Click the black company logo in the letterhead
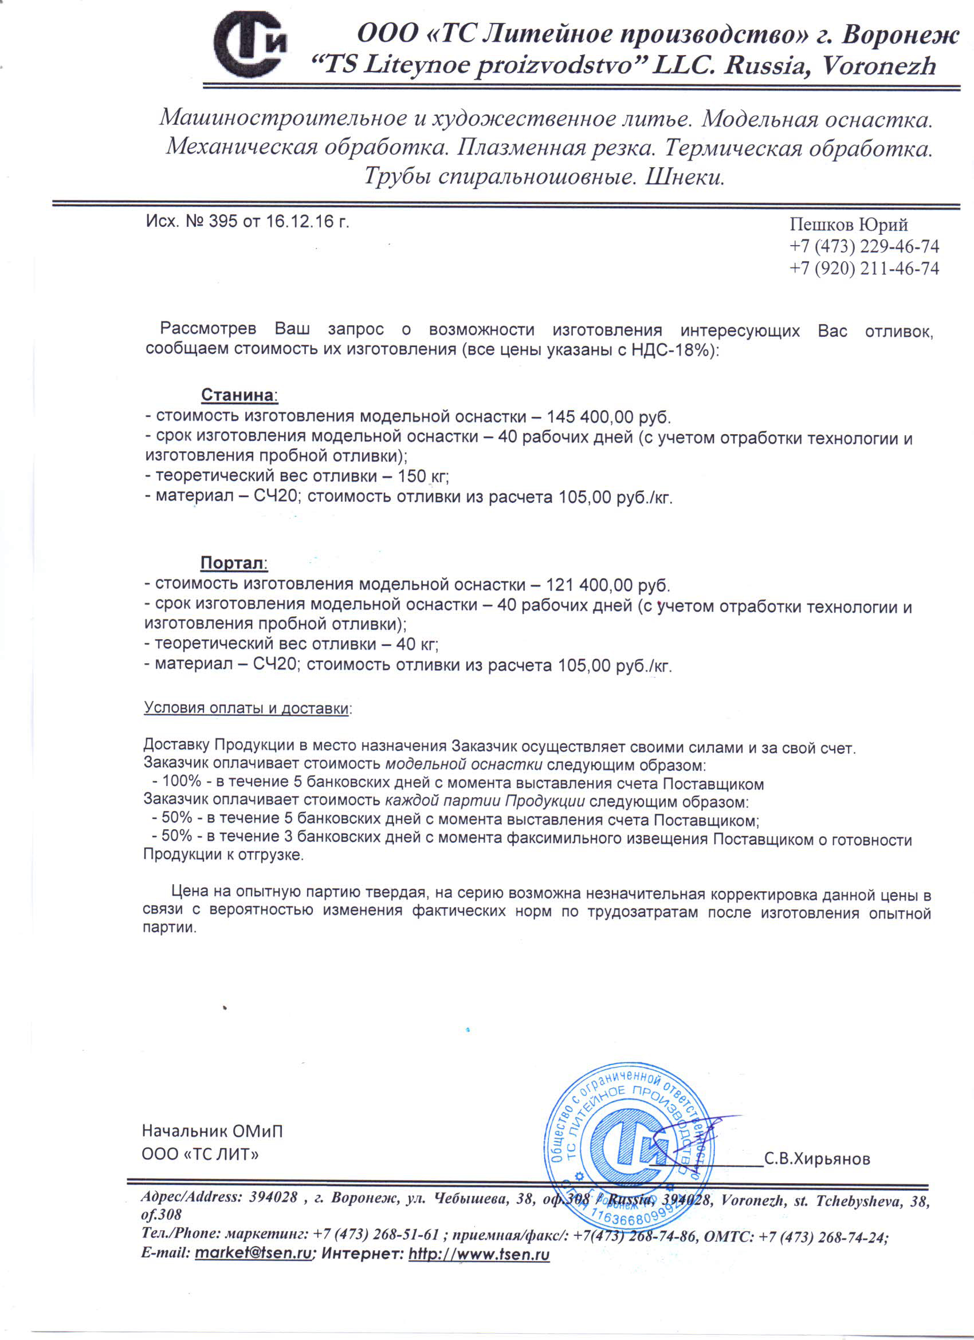250,45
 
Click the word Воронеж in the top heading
900,36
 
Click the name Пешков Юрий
848,225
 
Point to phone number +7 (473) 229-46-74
864,246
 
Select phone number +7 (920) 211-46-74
864,269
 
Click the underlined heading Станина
238,395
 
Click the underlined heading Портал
232,562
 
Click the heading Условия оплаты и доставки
246,708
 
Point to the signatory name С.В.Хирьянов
817,1159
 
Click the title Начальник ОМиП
212,1131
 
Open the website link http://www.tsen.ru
479,1254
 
